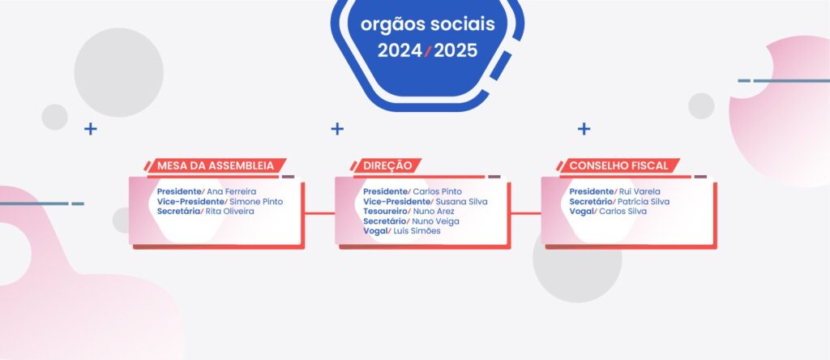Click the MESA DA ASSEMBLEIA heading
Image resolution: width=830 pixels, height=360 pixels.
pos(216,165)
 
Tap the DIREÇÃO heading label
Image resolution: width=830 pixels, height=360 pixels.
pos(387,165)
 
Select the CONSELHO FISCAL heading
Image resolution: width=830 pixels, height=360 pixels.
pos(618,165)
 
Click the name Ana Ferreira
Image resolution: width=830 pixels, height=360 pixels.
pos(231,191)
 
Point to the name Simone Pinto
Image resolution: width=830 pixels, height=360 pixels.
pos(256,202)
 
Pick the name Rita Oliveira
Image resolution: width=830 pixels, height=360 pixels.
pos(229,212)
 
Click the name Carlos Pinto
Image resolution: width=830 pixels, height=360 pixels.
pos(437,191)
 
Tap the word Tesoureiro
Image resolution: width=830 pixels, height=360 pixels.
pos(385,212)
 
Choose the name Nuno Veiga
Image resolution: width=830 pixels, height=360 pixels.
pos(435,221)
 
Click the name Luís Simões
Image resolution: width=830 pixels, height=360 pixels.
pos(417,231)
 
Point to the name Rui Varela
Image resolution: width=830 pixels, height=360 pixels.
pos(640,191)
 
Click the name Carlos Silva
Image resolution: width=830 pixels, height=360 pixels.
pos(622,212)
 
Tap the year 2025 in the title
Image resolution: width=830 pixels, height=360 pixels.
pos(456,51)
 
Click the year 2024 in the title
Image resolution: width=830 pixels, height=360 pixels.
pos(400,51)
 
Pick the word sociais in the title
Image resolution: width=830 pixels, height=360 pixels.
pos(463,24)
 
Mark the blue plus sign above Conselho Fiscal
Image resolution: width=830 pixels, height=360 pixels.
pos(584,129)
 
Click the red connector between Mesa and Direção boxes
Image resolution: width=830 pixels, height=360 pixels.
pos(319,213)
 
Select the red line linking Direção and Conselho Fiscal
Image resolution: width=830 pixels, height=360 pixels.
pos(526,213)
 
